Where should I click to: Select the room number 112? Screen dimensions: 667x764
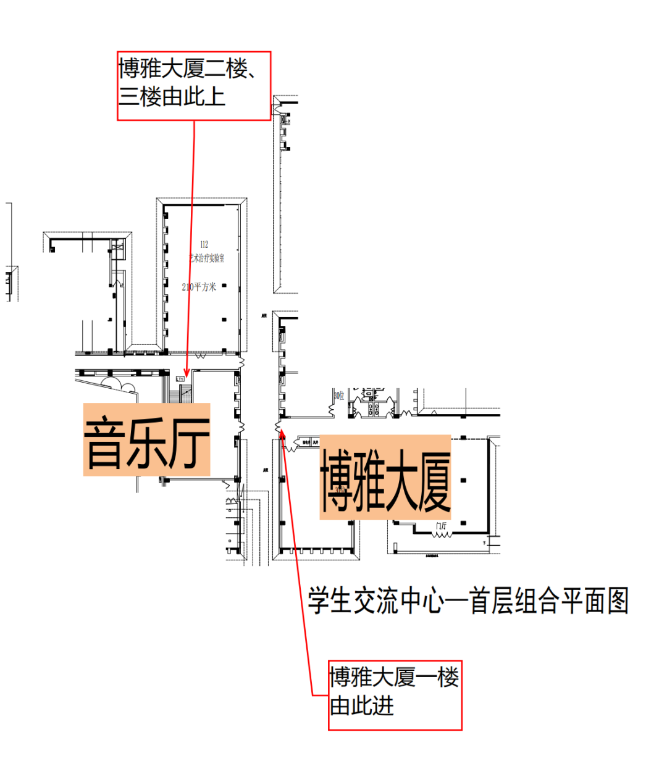tap(204, 244)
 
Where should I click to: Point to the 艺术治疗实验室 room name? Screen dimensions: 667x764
tap(207, 258)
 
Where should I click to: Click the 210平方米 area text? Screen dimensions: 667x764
tap(199, 287)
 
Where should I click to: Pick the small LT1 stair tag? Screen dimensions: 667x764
tap(180, 378)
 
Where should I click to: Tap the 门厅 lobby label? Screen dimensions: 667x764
tap(441, 526)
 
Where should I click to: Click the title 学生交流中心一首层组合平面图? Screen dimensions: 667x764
tap(468, 600)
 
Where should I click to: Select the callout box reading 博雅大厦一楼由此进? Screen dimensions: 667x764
tap(395, 695)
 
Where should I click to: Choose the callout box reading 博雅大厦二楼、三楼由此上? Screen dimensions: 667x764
tap(194, 86)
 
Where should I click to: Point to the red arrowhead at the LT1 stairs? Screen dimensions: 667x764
tap(187, 373)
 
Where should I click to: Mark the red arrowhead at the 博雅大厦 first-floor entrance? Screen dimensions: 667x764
tap(282, 431)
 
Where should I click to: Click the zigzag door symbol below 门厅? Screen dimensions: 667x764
tap(441, 534)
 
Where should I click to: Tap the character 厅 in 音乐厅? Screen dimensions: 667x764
tap(189, 441)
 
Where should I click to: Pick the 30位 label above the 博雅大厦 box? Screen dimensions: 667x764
tap(339, 395)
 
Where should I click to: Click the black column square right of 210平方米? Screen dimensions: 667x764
tap(224, 286)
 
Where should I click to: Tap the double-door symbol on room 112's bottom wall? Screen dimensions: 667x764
tap(201, 356)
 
